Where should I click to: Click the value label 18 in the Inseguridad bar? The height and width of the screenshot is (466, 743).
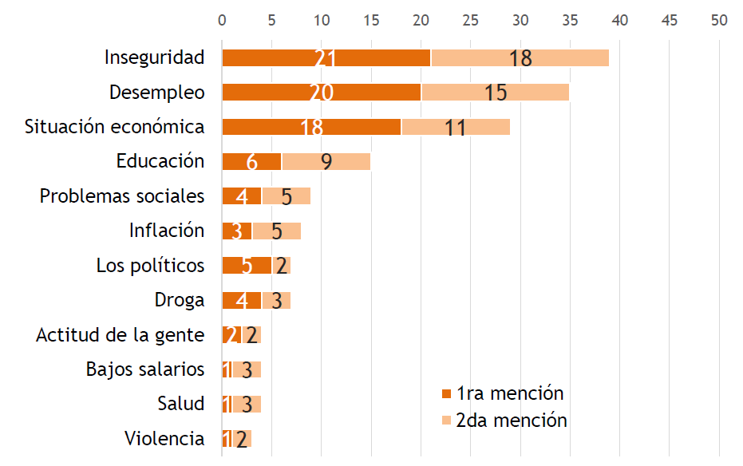pos(520,58)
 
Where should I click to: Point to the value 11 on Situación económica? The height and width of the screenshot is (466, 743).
pos(455,128)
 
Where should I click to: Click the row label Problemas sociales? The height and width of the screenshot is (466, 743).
pos(122,195)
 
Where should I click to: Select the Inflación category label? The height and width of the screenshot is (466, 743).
pos(167,231)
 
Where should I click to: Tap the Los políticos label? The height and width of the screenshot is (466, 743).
pos(150,265)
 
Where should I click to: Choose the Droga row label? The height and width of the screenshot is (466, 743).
pos(180,300)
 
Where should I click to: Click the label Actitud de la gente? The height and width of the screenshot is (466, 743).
pos(120,335)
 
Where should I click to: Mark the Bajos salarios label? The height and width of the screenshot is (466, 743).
pos(145,369)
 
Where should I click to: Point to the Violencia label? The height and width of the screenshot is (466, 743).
pos(164,438)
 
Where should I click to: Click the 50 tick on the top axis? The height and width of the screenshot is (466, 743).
pos(719,20)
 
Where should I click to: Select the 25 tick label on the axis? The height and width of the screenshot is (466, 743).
pos(470,20)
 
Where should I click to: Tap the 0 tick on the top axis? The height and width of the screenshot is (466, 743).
pos(222,20)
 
